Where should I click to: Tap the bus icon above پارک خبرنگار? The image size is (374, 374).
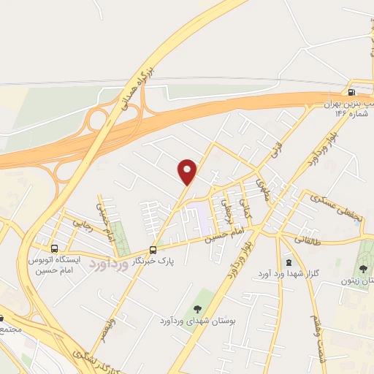tap(153, 248)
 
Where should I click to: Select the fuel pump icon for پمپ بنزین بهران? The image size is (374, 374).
tap(353, 93)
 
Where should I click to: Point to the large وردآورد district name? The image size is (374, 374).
tap(109, 262)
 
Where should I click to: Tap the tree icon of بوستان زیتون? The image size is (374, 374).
tap(363, 268)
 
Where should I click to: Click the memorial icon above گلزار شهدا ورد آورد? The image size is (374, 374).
tap(289, 262)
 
